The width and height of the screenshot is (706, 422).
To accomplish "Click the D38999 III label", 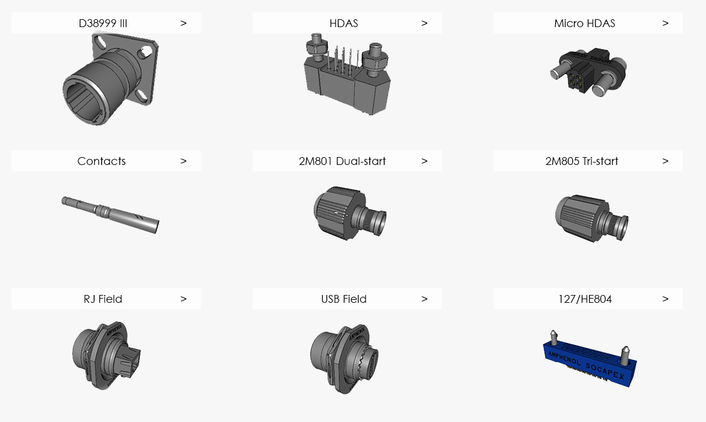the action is (102, 23).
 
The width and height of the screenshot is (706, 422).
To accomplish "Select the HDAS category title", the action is (343, 23).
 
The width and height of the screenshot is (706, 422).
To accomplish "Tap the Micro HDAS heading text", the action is (584, 23).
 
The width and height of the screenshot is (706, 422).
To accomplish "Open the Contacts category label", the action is (101, 161).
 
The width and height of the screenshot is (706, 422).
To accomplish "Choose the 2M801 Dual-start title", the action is (342, 161).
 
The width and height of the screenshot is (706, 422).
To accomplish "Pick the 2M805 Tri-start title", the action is (582, 161).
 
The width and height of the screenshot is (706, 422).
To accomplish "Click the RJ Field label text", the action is (102, 299).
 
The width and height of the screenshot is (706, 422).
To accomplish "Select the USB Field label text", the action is (343, 299).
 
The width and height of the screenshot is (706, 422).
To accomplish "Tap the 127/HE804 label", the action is (585, 299).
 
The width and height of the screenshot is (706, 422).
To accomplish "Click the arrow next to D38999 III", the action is (183, 23).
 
